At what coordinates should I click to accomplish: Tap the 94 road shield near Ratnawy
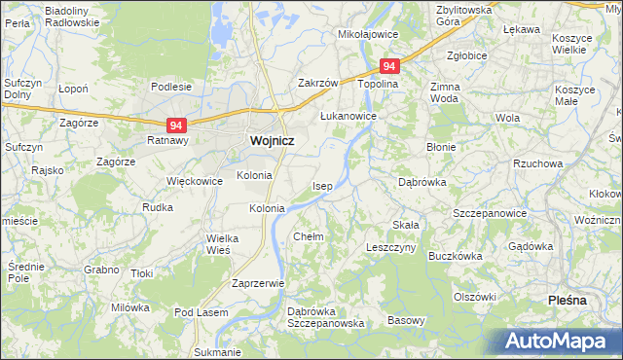[176, 126]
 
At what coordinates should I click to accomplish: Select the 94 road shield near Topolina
[389, 66]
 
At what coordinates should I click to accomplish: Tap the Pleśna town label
[568, 300]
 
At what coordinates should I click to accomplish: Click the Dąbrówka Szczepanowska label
[325, 317]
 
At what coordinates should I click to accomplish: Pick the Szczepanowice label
[490, 213]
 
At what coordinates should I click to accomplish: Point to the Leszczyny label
[390, 248]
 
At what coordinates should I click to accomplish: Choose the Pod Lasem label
[201, 312]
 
